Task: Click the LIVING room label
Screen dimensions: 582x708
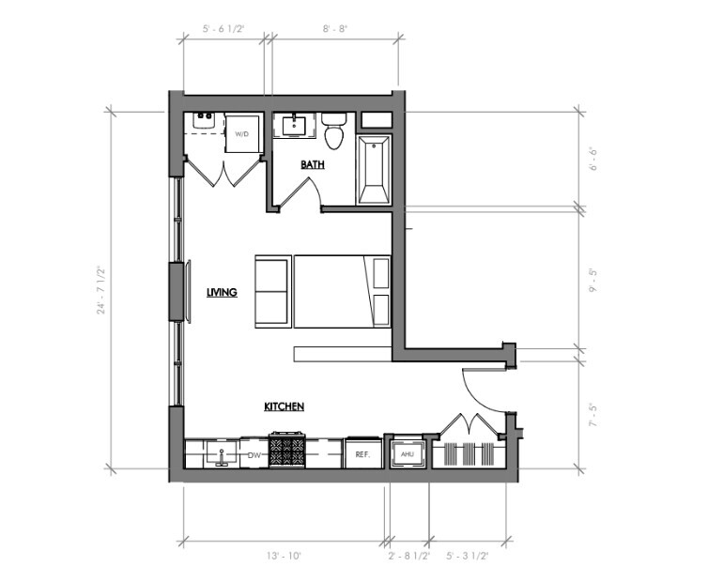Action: pos(222,292)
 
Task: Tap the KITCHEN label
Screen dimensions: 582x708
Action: pos(283,406)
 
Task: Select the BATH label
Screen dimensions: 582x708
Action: pos(313,164)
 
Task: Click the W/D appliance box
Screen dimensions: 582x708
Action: pos(242,132)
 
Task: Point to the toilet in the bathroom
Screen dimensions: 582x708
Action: pos(333,132)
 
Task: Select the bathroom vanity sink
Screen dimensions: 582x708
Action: pos(296,125)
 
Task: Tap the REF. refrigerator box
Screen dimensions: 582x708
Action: pos(362,454)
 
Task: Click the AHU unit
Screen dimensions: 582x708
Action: pos(407,453)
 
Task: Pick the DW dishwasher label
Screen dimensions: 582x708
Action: pos(254,454)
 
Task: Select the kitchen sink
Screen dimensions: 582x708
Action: pos(222,455)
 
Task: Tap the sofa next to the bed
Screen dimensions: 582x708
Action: pos(272,291)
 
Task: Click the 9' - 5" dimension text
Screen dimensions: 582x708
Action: pos(593,279)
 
